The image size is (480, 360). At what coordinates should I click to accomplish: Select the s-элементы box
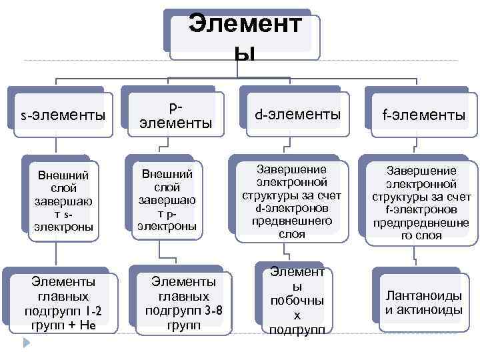tap(63, 114)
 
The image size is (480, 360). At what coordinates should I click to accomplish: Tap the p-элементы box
tap(175, 114)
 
